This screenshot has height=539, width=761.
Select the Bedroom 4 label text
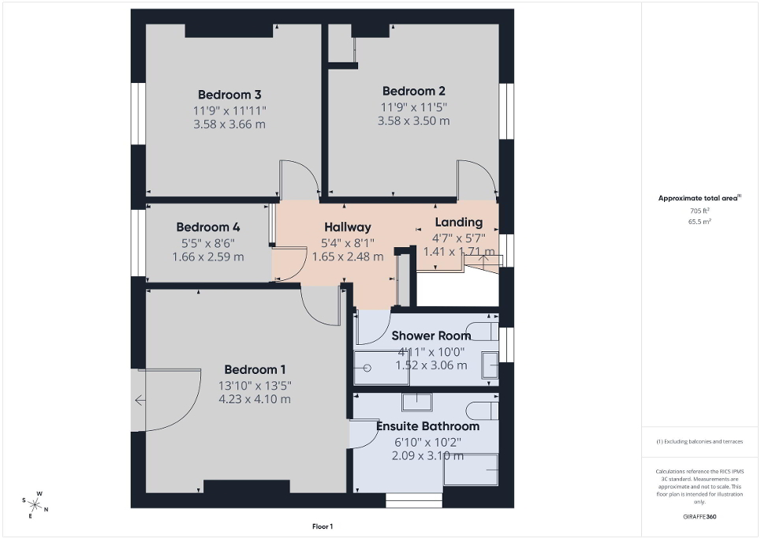[x=208, y=226]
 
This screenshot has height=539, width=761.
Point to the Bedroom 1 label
[x=255, y=369]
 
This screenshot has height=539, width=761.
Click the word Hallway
[x=346, y=227]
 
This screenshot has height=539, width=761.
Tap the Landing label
[x=458, y=223]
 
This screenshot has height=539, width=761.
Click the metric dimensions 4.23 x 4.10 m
[x=255, y=399]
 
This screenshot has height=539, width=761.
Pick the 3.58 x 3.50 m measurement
[x=414, y=121]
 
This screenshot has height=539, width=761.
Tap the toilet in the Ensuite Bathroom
[x=481, y=410]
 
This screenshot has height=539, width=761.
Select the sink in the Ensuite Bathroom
[x=416, y=402]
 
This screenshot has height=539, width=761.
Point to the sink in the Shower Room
[x=490, y=365]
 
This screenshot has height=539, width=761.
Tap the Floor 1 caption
[x=322, y=526]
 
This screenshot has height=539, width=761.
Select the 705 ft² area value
[x=699, y=211]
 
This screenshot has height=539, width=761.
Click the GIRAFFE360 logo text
[x=700, y=517]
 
